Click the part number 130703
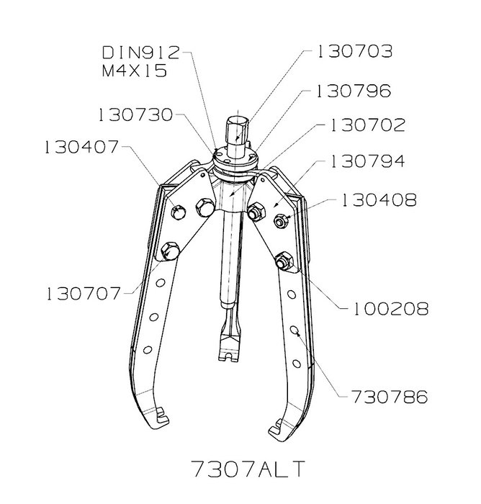pyautogui.click(x=355, y=51)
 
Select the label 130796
pyautogui.click(x=354, y=91)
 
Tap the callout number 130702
pyautogui.click(x=368, y=125)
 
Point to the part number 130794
pyautogui.click(x=367, y=161)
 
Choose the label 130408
pyautogui.click(x=379, y=200)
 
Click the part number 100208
pyautogui.click(x=391, y=309)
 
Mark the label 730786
pyautogui.click(x=389, y=397)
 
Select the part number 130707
pyautogui.click(x=84, y=294)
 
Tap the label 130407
pyautogui.click(x=81, y=147)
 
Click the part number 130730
pyautogui.click(x=135, y=114)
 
